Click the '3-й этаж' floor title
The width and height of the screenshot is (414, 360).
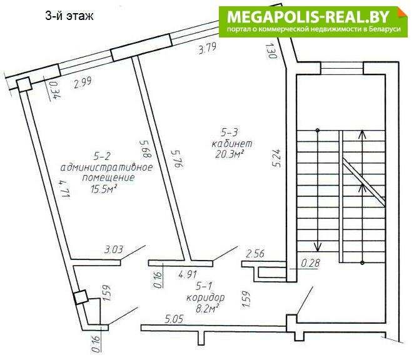69,16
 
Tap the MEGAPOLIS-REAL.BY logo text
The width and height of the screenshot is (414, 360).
308,17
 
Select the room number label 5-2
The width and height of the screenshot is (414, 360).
102,156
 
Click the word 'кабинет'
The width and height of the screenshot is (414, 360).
232,144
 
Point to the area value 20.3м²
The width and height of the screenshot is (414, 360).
229,154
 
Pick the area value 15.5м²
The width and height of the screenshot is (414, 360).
104,189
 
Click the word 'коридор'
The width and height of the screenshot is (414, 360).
205,297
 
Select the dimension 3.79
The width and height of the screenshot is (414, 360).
208,48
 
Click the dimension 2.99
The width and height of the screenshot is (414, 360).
83,82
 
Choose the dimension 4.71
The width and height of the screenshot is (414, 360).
64,189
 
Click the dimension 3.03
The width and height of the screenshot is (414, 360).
114,249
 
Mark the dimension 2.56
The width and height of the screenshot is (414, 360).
255,254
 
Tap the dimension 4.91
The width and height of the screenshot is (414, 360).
188,274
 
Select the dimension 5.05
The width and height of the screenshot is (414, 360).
174,319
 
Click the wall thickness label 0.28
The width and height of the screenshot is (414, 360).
310,263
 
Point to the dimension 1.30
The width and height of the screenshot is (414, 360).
272,51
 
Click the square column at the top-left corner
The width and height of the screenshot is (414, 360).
24,84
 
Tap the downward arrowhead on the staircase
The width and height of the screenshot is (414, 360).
317,247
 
